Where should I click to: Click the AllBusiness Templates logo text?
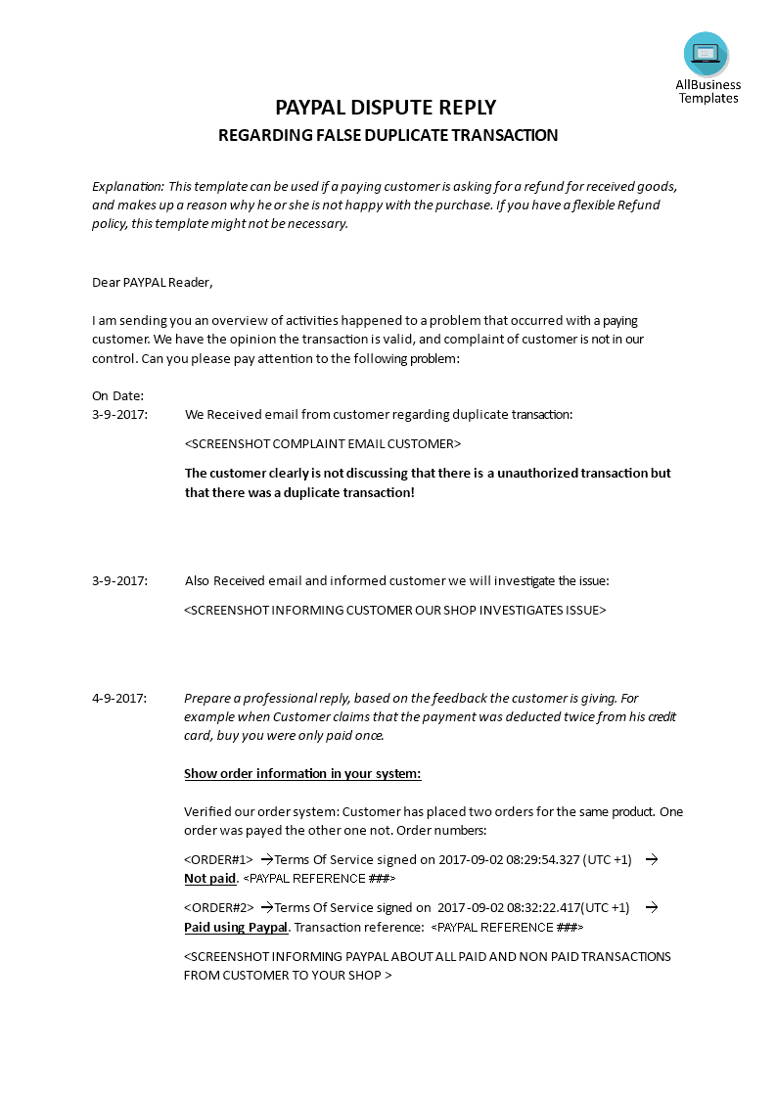click(x=708, y=91)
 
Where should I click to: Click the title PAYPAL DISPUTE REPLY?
click(x=386, y=108)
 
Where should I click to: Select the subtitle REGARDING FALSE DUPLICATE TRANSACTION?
click(x=388, y=135)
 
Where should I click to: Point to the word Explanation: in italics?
click(x=128, y=186)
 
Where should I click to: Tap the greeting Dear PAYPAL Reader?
click(x=152, y=282)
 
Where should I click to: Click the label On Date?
click(x=117, y=395)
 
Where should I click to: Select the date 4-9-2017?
click(x=119, y=698)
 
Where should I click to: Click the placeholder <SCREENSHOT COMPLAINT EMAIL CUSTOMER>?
click(x=322, y=443)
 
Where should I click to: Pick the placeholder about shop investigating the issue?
click(x=395, y=610)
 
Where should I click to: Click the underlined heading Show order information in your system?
click(x=302, y=773)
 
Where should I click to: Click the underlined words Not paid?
click(x=210, y=878)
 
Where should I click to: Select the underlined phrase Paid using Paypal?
click(x=236, y=927)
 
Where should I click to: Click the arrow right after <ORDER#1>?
click(x=266, y=859)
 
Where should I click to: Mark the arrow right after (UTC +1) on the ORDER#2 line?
click(x=651, y=907)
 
